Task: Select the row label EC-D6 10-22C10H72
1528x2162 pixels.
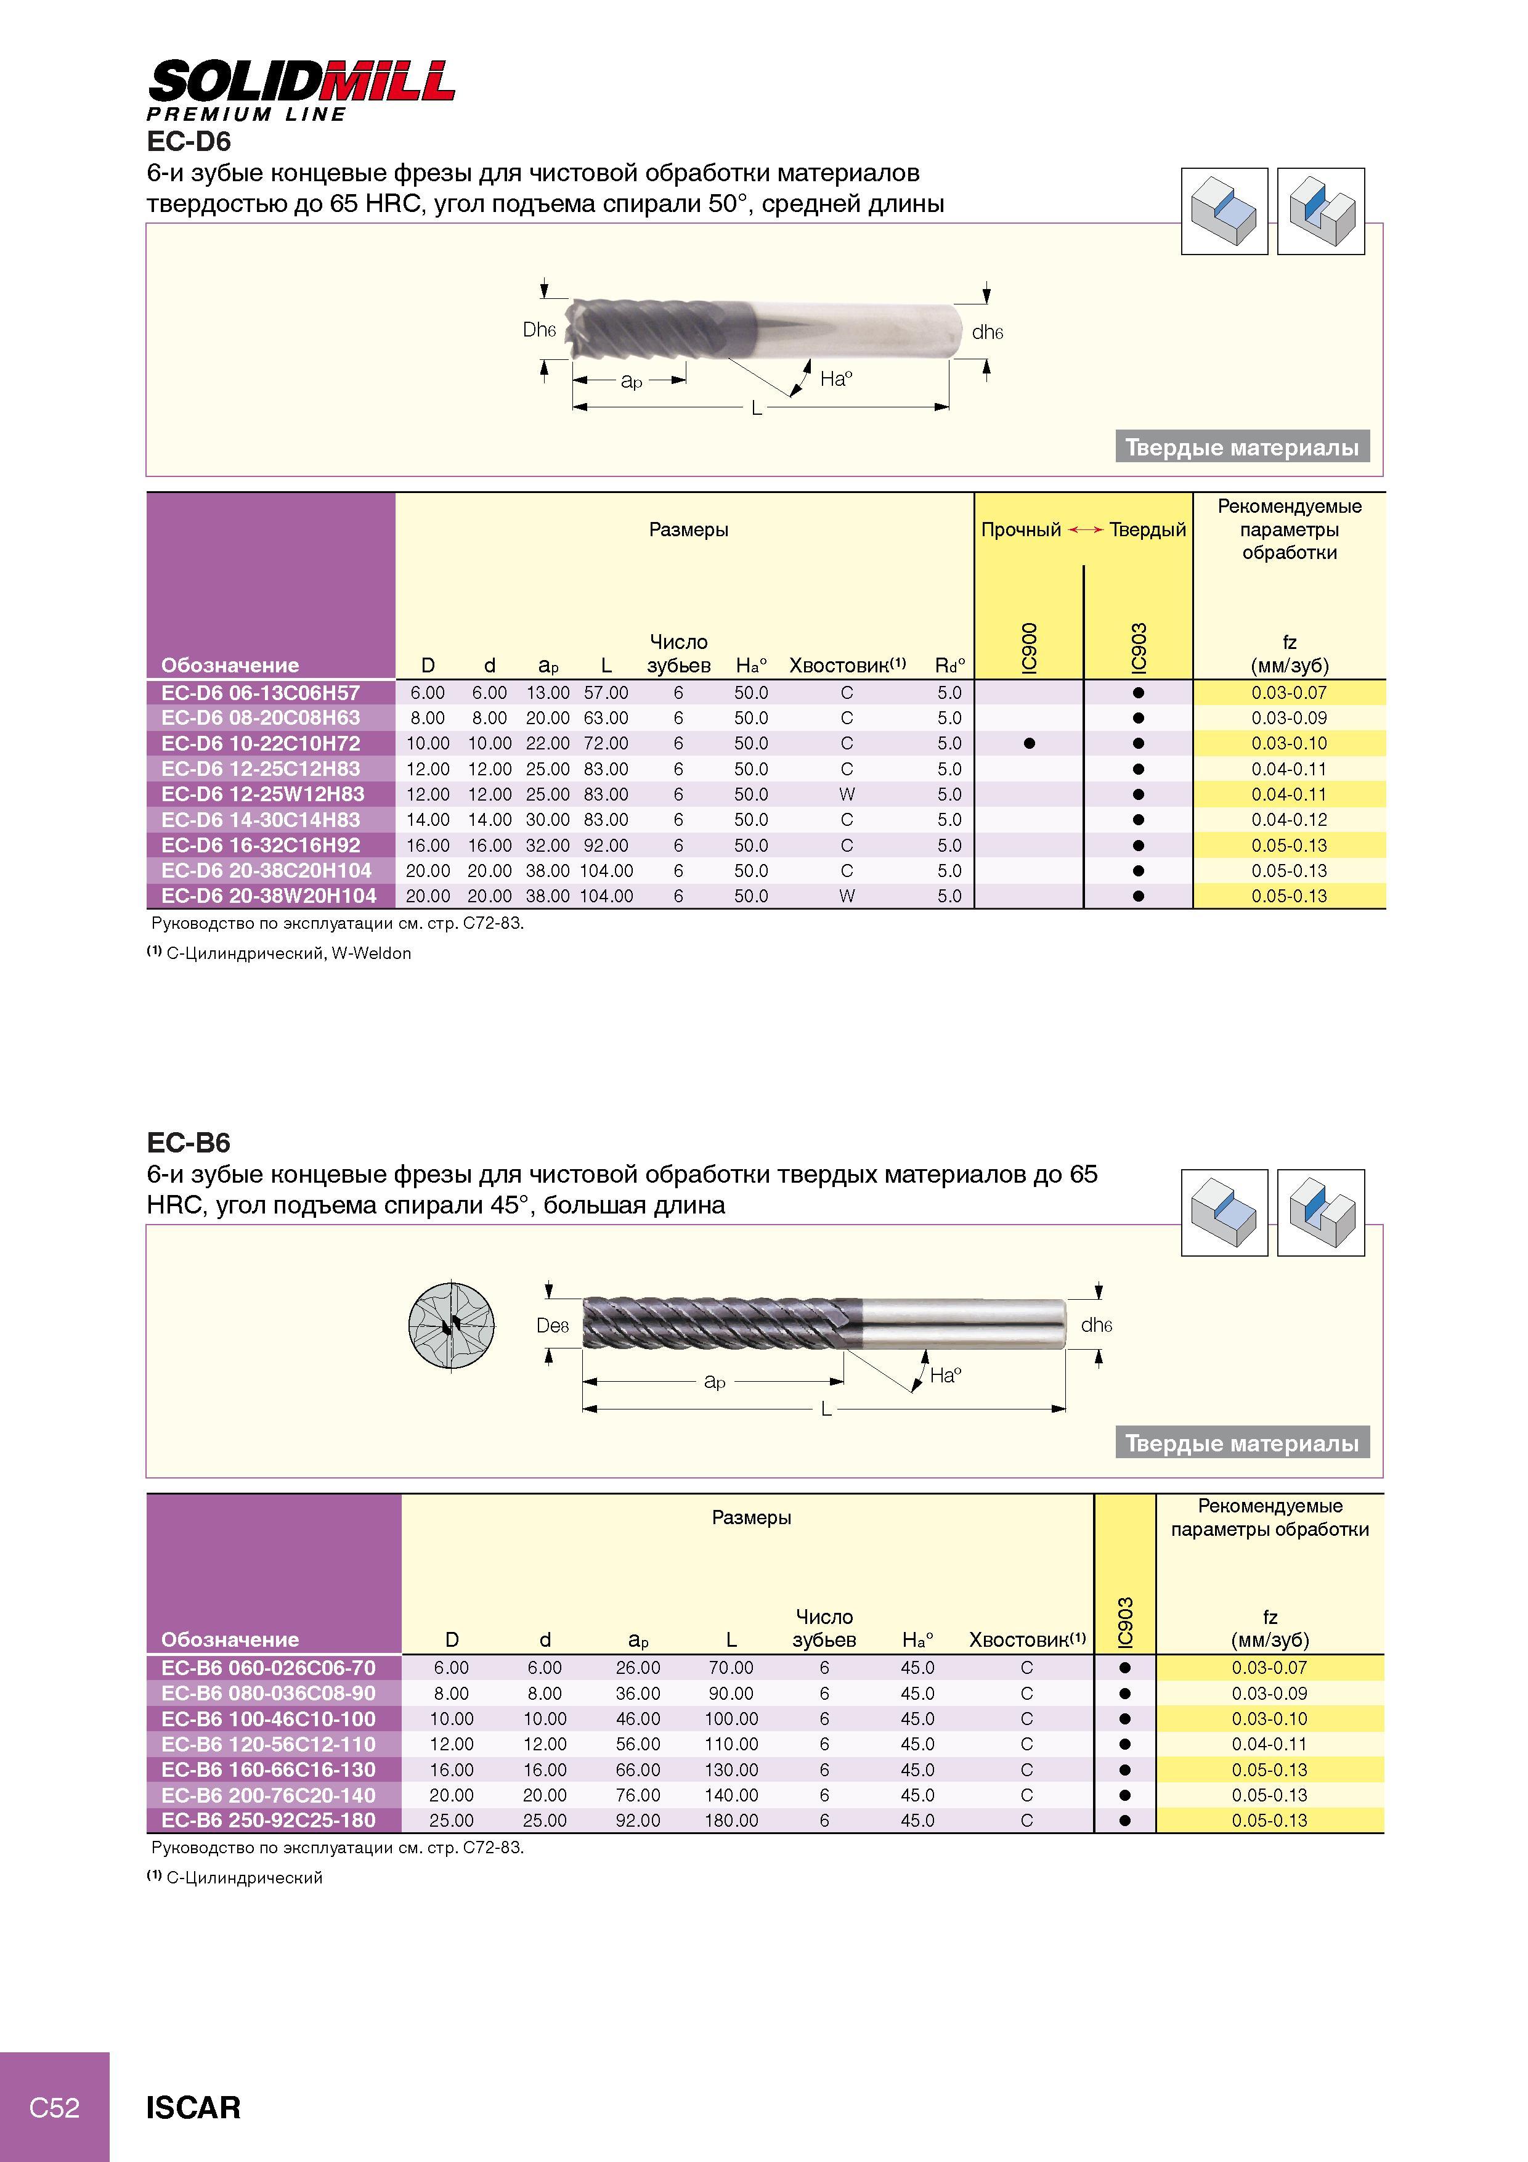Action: [x=261, y=743]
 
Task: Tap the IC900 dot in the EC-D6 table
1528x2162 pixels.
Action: [x=1029, y=743]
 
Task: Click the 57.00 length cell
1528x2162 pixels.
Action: [x=606, y=692]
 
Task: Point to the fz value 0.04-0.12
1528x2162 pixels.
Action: [x=1289, y=819]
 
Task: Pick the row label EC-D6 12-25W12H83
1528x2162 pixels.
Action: [x=262, y=794]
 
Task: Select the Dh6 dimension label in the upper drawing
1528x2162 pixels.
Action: [x=540, y=330]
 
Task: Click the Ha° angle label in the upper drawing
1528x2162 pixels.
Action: [x=836, y=378]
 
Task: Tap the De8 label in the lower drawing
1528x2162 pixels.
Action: [x=553, y=1325]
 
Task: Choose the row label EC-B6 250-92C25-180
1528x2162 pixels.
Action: [x=268, y=1820]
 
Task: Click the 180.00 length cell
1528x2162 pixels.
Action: [x=731, y=1820]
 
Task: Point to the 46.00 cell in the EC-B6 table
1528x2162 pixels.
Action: [x=638, y=1718]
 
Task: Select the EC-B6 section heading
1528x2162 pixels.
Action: [x=189, y=1142]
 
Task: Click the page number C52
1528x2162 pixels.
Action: [x=55, y=2107]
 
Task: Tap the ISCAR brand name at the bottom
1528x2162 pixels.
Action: [x=193, y=2107]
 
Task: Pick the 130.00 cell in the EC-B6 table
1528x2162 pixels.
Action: [x=731, y=1769]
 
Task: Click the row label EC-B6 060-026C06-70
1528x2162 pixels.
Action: [x=268, y=1668]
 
